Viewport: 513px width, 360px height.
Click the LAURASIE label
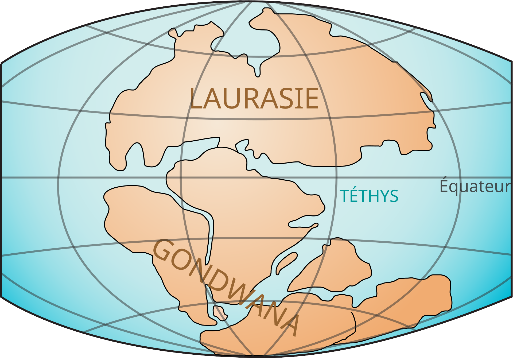point(254,99)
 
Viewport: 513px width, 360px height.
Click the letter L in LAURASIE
point(196,99)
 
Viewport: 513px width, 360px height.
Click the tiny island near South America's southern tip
point(220,313)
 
